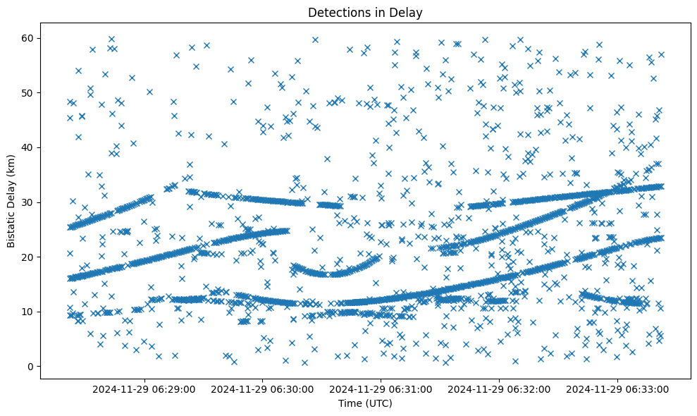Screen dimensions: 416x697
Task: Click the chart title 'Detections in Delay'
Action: click(x=365, y=12)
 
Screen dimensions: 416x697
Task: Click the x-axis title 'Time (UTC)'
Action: click(x=365, y=404)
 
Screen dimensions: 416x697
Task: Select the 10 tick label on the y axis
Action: click(x=29, y=312)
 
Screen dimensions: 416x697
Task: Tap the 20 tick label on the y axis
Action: click(x=29, y=257)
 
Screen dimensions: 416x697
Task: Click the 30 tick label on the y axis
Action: click(x=29, y=202)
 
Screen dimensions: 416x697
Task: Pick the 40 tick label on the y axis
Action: click(x=29, y=147)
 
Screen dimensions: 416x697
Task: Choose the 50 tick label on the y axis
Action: click(x=29, y=93)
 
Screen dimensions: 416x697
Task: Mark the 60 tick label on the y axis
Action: click(x=29, y=38)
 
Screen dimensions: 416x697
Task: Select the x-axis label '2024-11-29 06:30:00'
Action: click(x=264, y=389)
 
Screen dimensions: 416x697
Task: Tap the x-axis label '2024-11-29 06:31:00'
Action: click(x=382, y=389)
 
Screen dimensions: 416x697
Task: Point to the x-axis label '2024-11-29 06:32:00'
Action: click(x=500, y=389)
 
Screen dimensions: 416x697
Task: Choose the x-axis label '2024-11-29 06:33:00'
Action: click(x=618, y=389)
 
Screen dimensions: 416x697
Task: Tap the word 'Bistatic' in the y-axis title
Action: click(x=12, y=228)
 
